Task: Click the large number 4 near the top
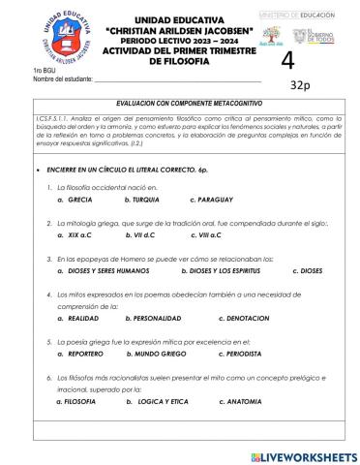[285, 60]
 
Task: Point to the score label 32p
[300, 85]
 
